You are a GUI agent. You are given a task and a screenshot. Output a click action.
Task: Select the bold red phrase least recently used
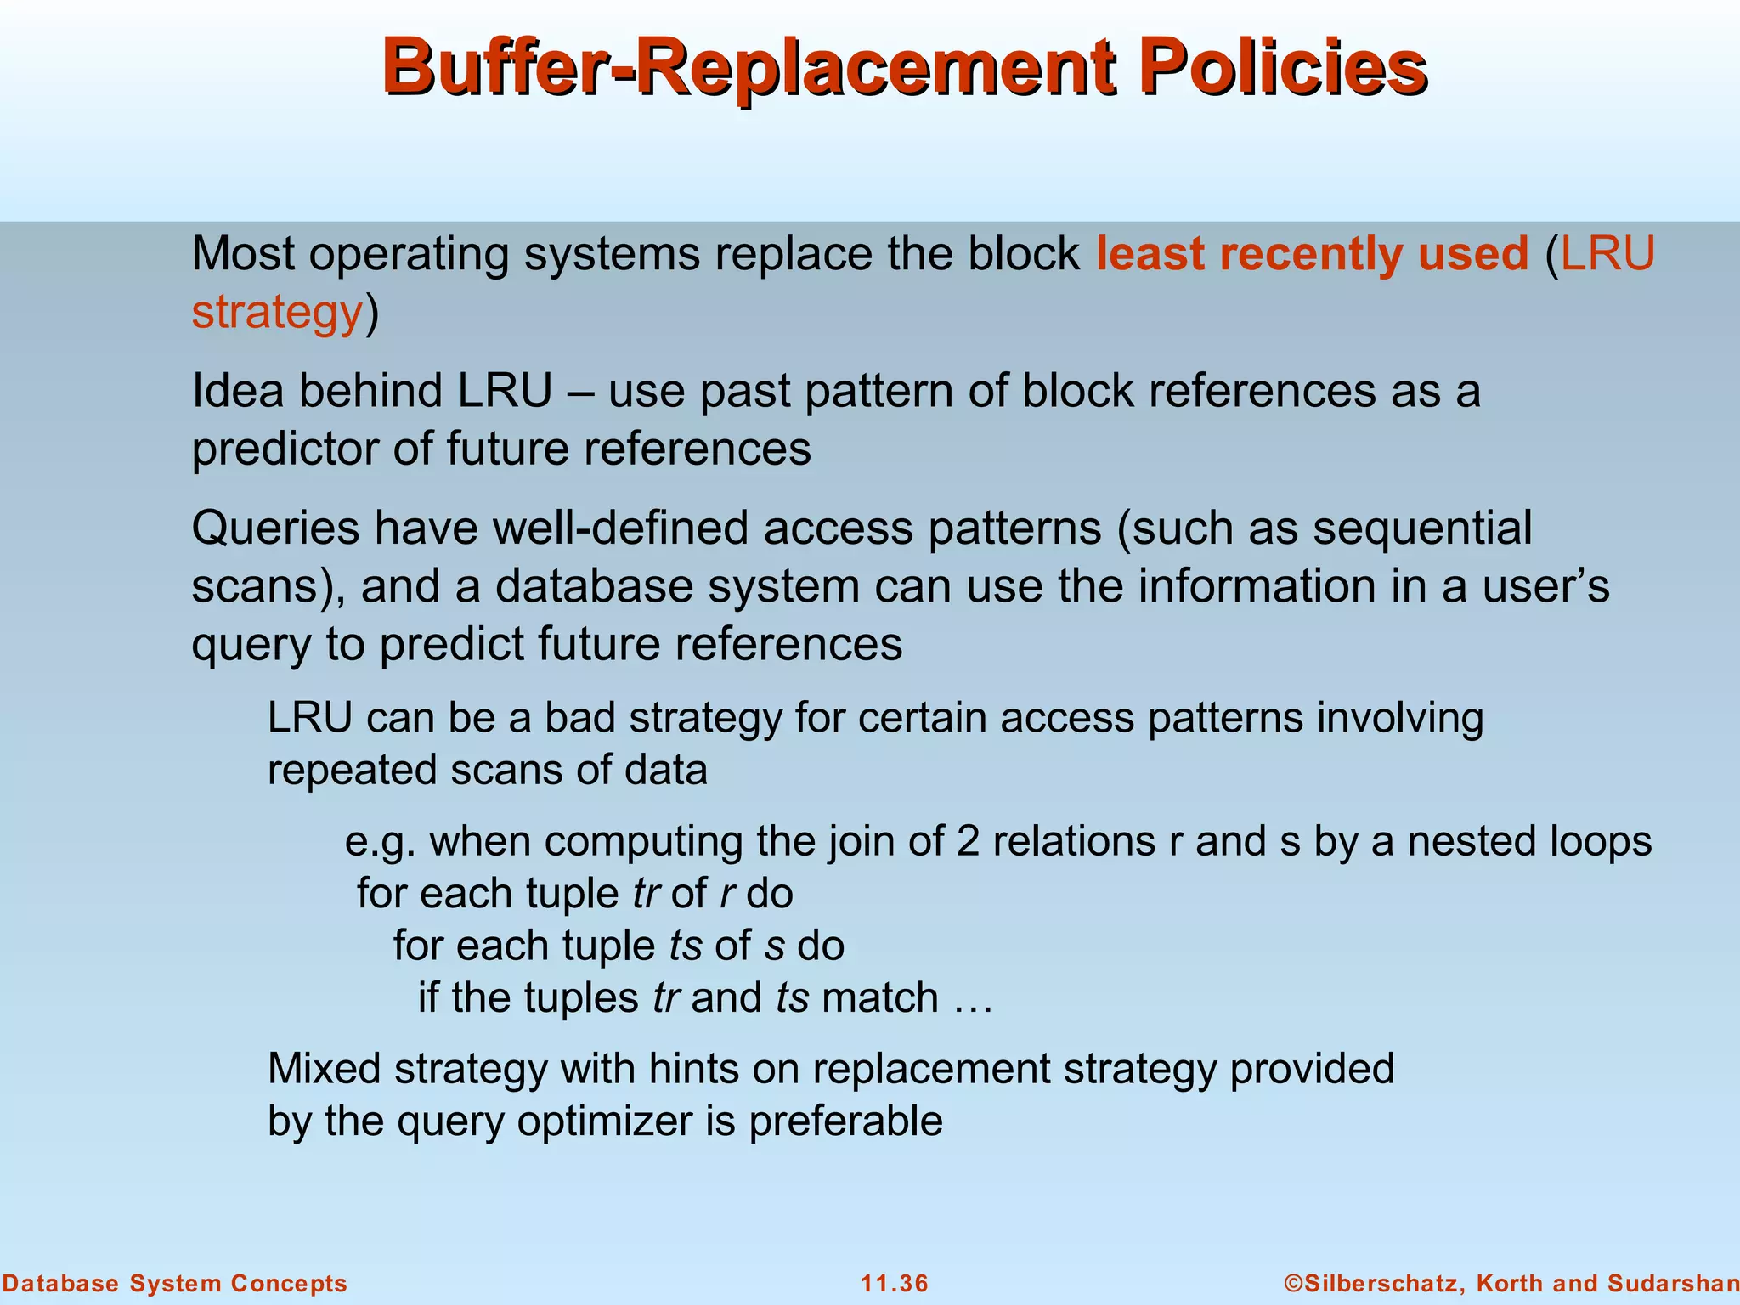(x=1312, y=253)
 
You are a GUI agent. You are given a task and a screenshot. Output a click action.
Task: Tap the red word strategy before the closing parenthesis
(x=277, y=312)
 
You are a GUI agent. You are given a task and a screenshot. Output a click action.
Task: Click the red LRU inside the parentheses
(x=1607, y=253)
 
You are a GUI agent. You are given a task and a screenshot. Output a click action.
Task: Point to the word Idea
(x=233, y=391)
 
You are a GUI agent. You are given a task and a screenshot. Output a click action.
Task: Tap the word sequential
(x=1422, y=528)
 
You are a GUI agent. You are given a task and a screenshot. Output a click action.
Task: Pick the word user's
(x=1545, y=586)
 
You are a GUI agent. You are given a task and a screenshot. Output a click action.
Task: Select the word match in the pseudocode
(x=879, y=997)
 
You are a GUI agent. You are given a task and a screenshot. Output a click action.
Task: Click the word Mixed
(x=324, y=1069)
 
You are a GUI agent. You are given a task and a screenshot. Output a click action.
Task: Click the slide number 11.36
(x=895, y=1284)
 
